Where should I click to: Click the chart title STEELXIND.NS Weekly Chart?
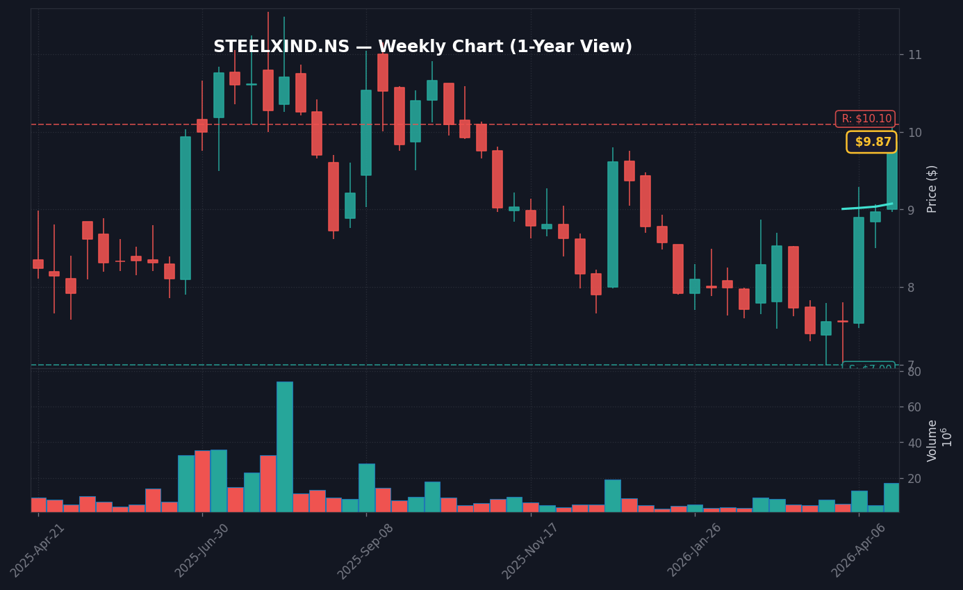[x=422, y=47]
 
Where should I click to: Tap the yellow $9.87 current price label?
[x=871, y=142]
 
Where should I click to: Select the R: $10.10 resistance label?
[x=865, y=119]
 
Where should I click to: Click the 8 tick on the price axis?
[x=912, y=288]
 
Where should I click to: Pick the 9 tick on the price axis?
[x=912, y=210]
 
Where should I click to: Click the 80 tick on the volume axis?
[x=914, y=371]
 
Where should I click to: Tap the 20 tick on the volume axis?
[x=914, y=479]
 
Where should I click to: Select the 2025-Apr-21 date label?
[x=38, y=550]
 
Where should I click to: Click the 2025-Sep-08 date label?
[x=365, y=550]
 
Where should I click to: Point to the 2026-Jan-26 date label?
[x=695, y=550]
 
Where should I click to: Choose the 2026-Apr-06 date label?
[x=859, y=550]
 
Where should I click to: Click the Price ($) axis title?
[x=932, y=188]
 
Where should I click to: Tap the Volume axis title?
[x=932, y=441]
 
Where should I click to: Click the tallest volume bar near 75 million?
[x=284, y=447]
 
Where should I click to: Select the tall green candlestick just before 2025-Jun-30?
[x=186, y=208]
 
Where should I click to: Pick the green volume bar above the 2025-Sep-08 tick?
[x=366, y=488]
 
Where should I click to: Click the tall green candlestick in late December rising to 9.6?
[x=612, y=224]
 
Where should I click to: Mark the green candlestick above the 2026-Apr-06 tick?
[x=859, y=270]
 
